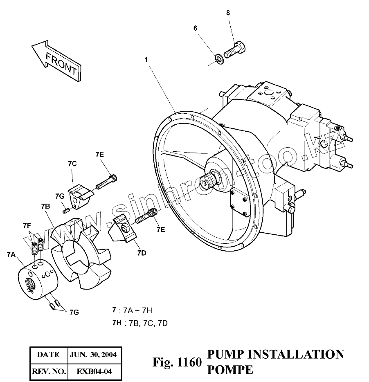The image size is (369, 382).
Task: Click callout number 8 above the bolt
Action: pyautogui.click(x=228, y=13)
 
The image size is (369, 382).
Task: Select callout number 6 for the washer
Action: pyautogui.click(x=195, y=28)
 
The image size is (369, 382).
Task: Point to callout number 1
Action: pyautogui.click(x=146, y=60)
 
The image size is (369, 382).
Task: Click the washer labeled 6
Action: pyautogui.click(x=219, y=60)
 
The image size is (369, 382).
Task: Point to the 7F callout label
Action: pyautogui.click(x=27, y=225)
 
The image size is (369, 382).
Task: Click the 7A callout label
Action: pyautogui.click(x=11, y=254)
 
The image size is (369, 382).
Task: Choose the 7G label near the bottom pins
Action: pyautogui.click(x=74, y=312)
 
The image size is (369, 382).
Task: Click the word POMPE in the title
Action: pyautogui.click(x=230, y=369)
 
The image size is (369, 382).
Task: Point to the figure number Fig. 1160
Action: pyautogui.click(x=177, y=362)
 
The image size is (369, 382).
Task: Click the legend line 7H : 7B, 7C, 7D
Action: pyautogui.click(x=140, y=323)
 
